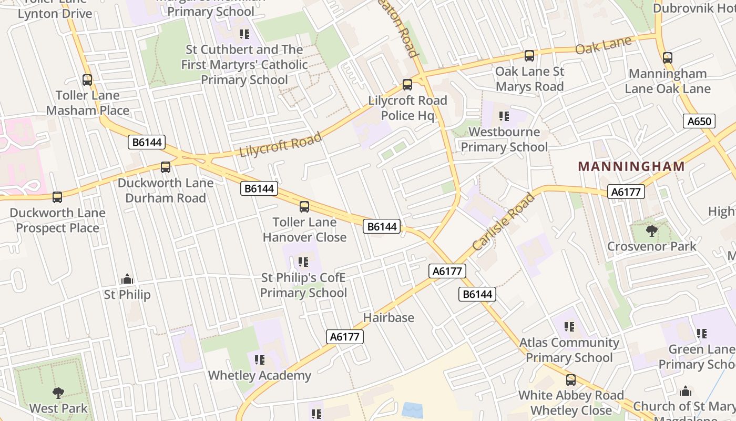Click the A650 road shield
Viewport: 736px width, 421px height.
click(x=700, y=122)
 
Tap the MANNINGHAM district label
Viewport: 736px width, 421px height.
click(x=631, y=167)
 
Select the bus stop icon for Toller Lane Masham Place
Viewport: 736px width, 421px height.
click(x=87, y=80)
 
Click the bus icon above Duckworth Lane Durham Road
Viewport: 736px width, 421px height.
click(x=166, y=167)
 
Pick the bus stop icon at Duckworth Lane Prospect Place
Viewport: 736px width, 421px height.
click(x=57, y=197)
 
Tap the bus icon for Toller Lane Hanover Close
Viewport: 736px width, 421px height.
click(x=304, y=207)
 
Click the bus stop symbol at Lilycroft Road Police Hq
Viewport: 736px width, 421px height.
click(x=407, y=85)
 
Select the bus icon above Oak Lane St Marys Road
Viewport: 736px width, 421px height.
click(x=529, y=56)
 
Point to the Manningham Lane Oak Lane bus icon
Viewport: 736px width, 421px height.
click(x=668, y=58)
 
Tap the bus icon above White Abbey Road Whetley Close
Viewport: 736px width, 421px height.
click(x=571, y=380)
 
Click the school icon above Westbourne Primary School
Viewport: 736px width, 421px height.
click(x=504, y=116)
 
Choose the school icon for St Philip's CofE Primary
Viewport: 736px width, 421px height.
click(x=303, y=262)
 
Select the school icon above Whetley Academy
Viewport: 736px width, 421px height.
click(x=260, y=360)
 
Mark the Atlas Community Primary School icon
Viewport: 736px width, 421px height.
click(x=569, y=327)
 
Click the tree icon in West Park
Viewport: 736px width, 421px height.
click(x=58, y=393)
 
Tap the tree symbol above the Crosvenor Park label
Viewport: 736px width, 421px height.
click(x=652, y=230)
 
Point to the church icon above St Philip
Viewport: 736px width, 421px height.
click(x=127, y=279)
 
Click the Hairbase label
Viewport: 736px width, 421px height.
click(x=389, y=318)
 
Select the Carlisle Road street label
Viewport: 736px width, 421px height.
click(x=503, y=222)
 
